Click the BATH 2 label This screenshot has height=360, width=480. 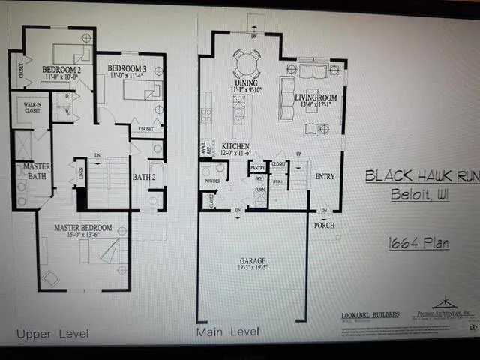point(144,178)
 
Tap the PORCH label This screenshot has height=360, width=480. point(324,225)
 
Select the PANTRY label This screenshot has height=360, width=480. point(259,169)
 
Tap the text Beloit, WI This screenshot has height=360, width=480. point(409,196)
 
